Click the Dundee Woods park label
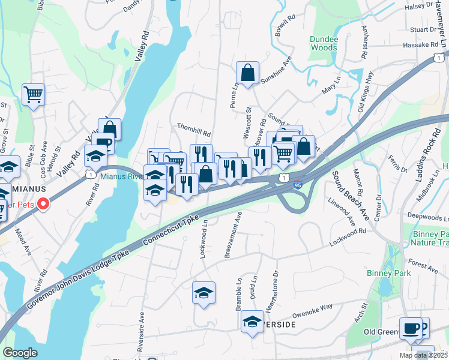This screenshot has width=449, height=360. (324, 43)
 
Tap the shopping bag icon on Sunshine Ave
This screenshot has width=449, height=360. (247, 73)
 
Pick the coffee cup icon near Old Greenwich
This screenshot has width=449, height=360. (411, 328)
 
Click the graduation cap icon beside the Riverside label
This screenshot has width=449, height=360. (253, 322)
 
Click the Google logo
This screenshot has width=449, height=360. (20, 353)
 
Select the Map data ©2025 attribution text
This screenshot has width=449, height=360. (423, 355)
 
